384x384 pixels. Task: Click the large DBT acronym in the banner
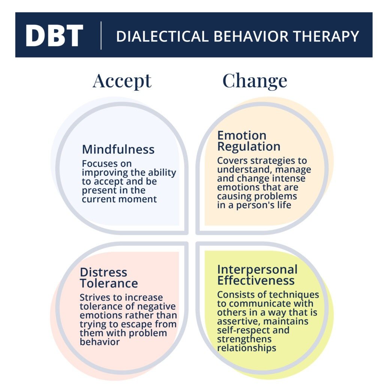click(54, 36)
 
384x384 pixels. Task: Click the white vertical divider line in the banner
click(101, 36)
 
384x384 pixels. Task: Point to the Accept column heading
click(122, 81)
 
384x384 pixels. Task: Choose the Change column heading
click(255, 81)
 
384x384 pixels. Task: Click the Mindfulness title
click(118, 149)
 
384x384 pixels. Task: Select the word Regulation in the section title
click(249, 146)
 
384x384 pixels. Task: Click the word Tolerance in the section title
click(109, 283)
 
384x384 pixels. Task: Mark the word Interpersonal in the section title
click(257, 269)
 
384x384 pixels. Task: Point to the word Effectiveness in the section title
click(256, 280)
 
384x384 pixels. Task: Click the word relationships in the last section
click(247, 348)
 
